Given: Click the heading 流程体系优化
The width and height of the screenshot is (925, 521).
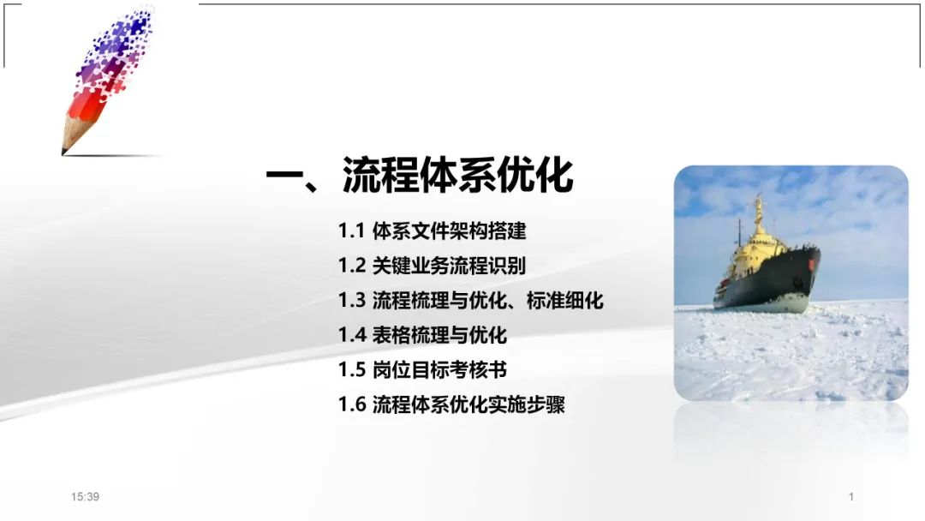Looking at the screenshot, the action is point(457,176).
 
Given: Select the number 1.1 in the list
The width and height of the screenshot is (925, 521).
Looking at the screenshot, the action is point(351,231).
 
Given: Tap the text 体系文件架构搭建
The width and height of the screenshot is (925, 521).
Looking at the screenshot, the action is point(449,231).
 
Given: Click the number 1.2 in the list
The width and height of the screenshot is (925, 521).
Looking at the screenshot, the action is point(352,266).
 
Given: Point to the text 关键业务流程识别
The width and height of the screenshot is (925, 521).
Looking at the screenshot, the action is point(449,266).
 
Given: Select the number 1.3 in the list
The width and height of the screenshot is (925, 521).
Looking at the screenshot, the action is point(352,300).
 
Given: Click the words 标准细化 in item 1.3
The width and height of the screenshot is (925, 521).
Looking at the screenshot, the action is point(564,300).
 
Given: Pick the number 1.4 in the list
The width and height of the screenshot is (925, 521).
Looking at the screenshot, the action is point(352,335).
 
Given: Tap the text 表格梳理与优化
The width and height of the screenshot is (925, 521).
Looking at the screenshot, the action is point(439,335).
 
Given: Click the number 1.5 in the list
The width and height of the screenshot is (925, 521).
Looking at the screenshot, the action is point(352,370).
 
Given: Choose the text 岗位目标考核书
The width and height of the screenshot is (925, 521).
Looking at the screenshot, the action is point(439,370).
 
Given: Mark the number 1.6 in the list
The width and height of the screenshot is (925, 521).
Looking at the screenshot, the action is point(352,404).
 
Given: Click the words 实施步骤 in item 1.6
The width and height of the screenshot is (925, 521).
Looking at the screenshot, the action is point(526,404).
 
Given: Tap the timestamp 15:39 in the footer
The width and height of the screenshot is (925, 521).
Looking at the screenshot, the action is point(85,497).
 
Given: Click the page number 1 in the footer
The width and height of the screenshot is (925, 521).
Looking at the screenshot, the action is point(851,497).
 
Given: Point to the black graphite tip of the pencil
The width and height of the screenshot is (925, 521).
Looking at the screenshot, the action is point(63,152).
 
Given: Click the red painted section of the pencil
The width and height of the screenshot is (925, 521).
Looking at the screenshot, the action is point(87,107).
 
